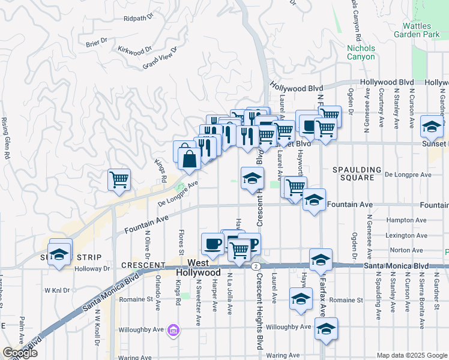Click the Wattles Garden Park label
(x=421, y=30)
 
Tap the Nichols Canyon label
(x=361, y=53)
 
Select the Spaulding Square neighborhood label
(x=358, y=174)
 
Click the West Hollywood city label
(x=199, y=268)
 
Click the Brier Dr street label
(x=96, y=42)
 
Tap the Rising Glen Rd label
(x=7, y=137)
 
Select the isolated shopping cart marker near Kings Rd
(x=119, y=179)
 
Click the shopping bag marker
(x=189, y=159)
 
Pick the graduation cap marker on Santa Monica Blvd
(x=321, y=259)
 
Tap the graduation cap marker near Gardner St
(x=432, y=126)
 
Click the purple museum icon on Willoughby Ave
(x=173, y=329)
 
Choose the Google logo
(x=20, y=353)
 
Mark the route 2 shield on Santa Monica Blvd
(x=256, y=265)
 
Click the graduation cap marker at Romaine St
(x=301, y=299)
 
